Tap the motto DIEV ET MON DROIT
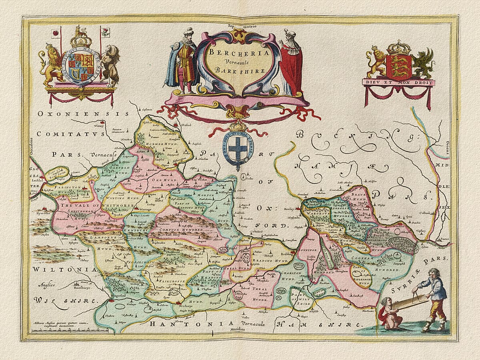point(398,82)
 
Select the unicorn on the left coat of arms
point(110,64)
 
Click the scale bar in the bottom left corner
point(70,330)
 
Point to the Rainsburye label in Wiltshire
point(84,286)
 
